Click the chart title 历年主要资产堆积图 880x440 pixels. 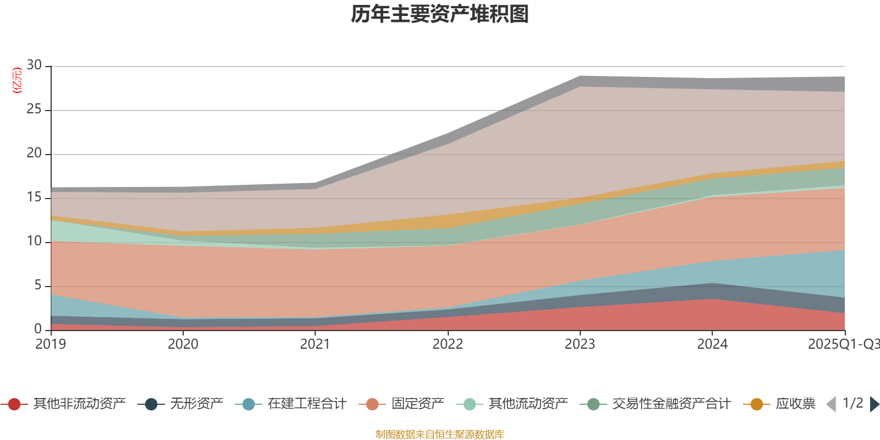point(440,15)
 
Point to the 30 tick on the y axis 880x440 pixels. point(34,65)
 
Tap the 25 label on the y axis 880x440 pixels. point(34,109)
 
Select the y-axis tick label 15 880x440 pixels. point(34,197)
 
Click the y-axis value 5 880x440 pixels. point(38,285)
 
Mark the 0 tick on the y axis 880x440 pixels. point(38,329)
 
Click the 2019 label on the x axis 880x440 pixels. point(51,344)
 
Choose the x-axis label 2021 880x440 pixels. point(315,344)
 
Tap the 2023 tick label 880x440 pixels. point(580,344)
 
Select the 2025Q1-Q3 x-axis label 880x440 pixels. point(843,344)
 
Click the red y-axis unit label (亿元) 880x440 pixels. point(17,80)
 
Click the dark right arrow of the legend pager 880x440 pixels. point(874,404)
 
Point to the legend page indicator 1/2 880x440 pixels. point(853,403)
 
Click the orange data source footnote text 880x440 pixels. point(440,435)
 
